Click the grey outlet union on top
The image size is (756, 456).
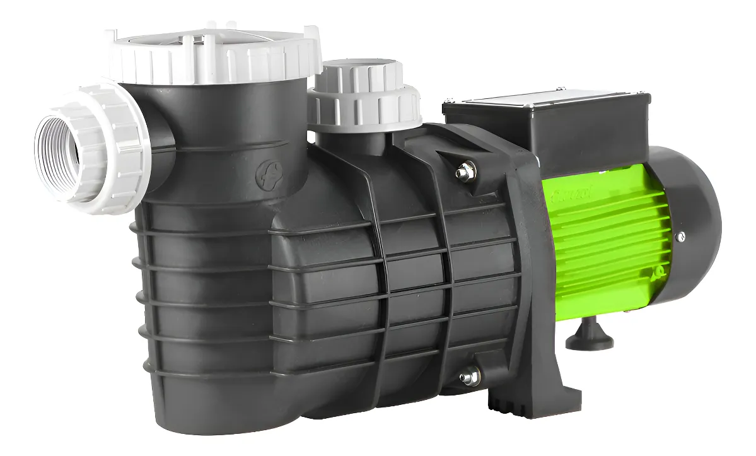(x=364, y=95)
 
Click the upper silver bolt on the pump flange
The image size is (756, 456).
(x=465, y=170)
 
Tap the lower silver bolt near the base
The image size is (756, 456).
(x=469, y=377)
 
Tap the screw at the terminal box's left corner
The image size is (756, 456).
(x=450, y=100)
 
